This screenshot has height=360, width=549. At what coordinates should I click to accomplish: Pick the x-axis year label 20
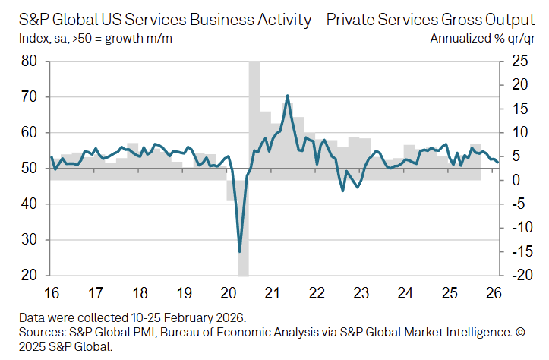pyautogui.click(x=228, y=292)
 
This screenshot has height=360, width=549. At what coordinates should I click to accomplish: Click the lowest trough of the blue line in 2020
pyautogui.click(x=240, y=251)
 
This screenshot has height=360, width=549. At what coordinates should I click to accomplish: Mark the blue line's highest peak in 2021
pyautogui.click(x=287, y=96)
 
